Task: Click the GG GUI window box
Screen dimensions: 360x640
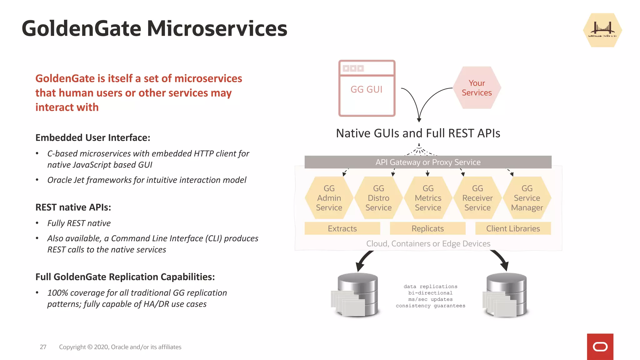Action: pyautogui.click(x=367, y=88)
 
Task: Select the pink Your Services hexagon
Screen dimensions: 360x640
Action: pyautogui.click(x=477, y=88)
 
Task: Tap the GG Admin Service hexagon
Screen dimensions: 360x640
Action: pyautogui.click(x=329, y=198)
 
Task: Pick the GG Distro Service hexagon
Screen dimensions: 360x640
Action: pyautogui.click(x=378, y=198)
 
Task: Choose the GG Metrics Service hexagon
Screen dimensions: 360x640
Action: pyautogui.click(x=428, y=198)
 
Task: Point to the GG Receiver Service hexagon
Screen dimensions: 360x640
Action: pyautogui.click(x=477, y=198)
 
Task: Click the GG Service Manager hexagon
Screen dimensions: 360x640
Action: pyautogui.click(x=527, y=198)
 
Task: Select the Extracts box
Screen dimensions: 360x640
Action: pyautogui.click(x=342, y=228)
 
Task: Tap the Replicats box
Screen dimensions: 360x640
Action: pyautogui.click(x=427, y=228)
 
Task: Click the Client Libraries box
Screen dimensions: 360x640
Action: pyautogui.click(x=513, y=228)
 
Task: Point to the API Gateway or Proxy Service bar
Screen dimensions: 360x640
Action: pyautogui.click(x=428, y=162)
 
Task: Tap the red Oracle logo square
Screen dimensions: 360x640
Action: pyautogui.click(x=600, y=347)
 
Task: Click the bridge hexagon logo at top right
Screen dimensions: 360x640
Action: pyautogui.click(x=602, y=30)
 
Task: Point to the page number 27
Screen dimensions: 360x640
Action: pyautogui.click(x=43, y=347)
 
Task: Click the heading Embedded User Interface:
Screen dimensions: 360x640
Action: pyautogui.click(x=93, y=137)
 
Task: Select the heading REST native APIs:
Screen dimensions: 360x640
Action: pyautogui.click(x=73, y=207)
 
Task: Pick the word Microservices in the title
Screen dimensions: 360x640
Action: pyautogui.click(x=217, y=28)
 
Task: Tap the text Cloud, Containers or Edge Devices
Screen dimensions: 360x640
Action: pyautogui.click(x=428, y=243)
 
